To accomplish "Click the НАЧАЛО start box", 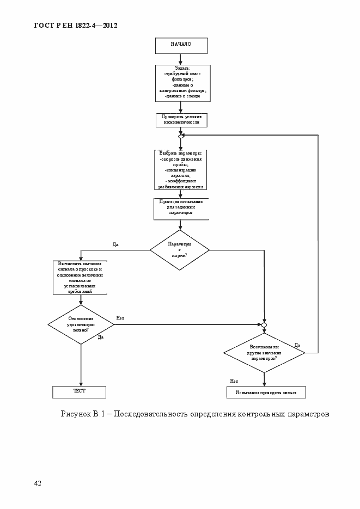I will click(x=181, y=45).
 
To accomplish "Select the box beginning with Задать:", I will click(x=181, y=83).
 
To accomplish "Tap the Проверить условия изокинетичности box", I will click(x=181, y=119).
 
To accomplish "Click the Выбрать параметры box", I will click(x=181, y=169).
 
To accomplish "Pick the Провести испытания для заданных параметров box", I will click(x=181, y=208).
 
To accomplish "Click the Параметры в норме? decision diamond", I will click(x=180, y=250).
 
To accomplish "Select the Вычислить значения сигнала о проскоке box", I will click(x=81, y=277).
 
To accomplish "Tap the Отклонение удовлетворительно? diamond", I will click(x=81, y=324).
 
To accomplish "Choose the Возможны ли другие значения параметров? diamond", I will click(x=264, y=352).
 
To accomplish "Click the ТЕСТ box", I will click(x=80, y=392).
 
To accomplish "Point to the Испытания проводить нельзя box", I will click(x=266, y=392).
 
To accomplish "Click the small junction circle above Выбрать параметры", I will click(x=181, y=136).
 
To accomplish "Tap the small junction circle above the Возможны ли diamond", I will click(x=264, y=324).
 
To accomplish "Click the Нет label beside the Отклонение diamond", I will click(x=120, y=318).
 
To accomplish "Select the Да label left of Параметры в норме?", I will click(x=115, y=244).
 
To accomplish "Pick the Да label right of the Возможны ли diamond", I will click(x=297, y=345).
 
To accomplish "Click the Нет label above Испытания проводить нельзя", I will click(x=234, y=381).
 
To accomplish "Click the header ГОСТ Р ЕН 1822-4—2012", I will click(x=76, y=26).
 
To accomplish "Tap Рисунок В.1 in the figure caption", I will click(x=82, y=414).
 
